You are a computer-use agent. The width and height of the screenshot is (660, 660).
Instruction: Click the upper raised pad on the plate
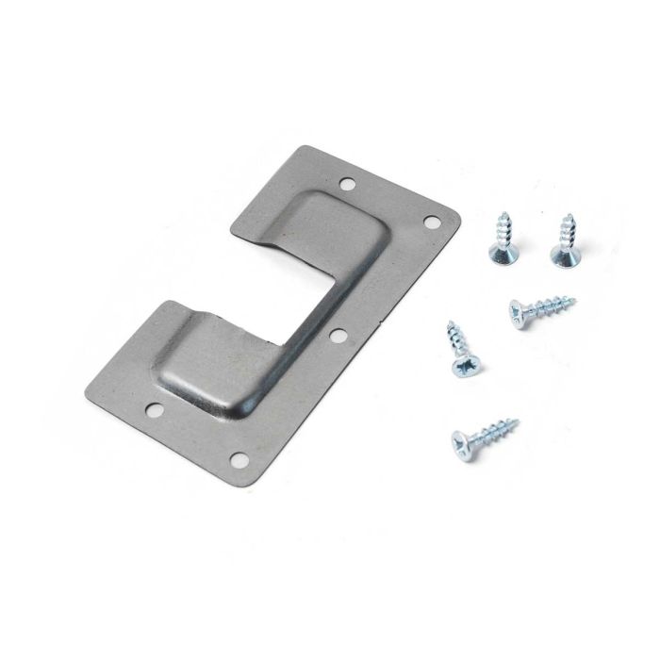[x=344, y=226]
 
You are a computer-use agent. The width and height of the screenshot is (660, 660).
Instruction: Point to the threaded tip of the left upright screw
[x=503, y=216]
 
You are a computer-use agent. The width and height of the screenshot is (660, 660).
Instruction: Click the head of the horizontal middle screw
[x=518, y=311]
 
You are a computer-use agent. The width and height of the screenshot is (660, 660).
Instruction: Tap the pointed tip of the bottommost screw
[x=518, y=419]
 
